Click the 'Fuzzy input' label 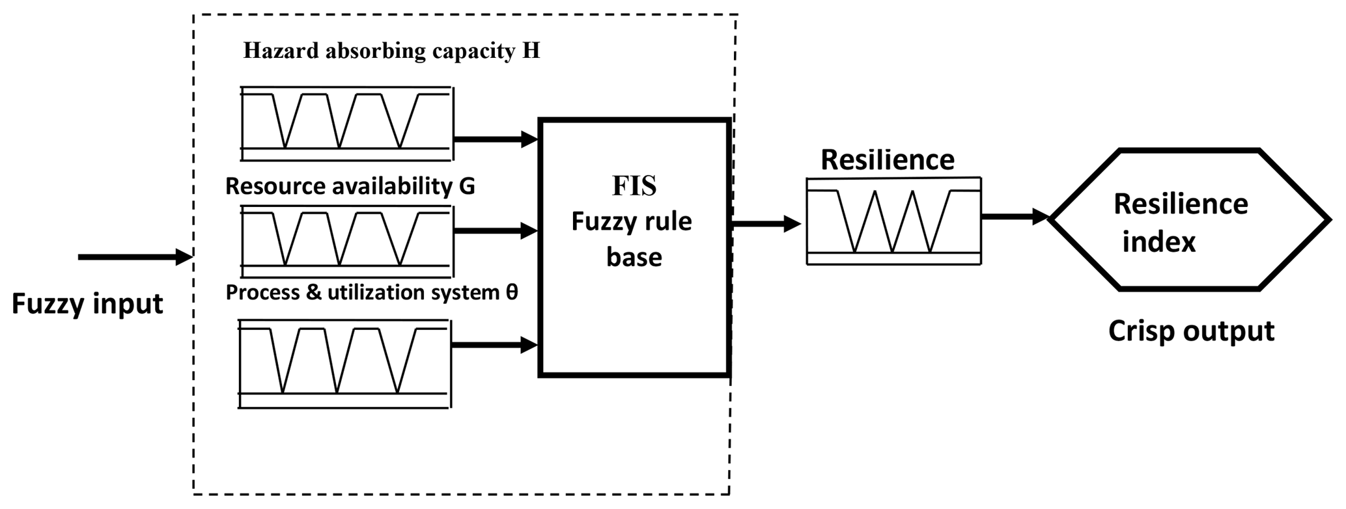click(x=87, y=305)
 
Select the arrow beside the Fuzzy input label click(x=135, y=257)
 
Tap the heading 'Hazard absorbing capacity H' click(x=391, y=51)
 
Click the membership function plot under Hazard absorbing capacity click(x=346, y=122)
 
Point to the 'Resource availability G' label click(x=350, y=186)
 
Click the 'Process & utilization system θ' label click(x=371, y=292)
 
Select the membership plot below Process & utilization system click(x=344, y=363)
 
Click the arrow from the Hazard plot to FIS click(x=495, y=139)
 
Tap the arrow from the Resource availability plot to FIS click(x=495, y=230)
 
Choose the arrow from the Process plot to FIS click(x=494, y=345)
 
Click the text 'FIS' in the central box click(x=634, y=187)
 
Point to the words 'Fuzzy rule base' click(x=632, y=240)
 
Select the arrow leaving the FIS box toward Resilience click(x=766, y=224)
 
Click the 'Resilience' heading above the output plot click(x=887, y=160)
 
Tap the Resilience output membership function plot click(x=893, y=221)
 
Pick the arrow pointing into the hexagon click(x=1014, y=216)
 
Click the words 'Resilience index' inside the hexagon click(x=1179, y=223)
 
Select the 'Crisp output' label click(x=1191, y=331)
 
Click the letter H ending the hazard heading click(x=531, y=51)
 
